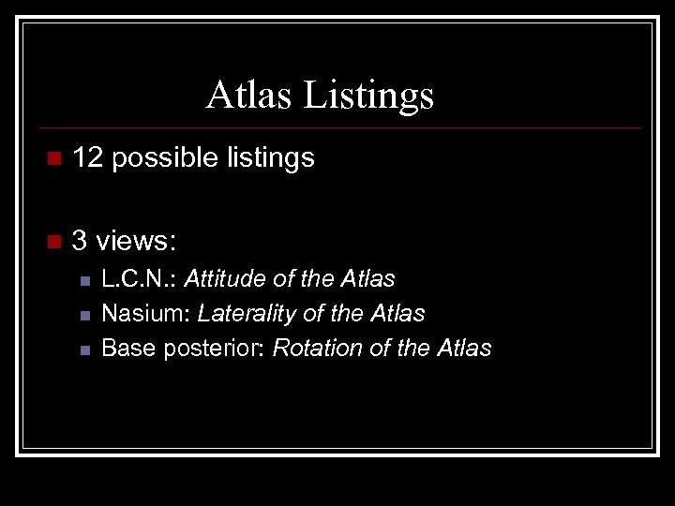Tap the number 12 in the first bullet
tap(87, 158)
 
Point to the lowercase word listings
tap(271, 159)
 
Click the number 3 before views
tap(80, 241)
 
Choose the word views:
tap(137, 241)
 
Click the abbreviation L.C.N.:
tap(140, 278)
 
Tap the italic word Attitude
tap(225, 278)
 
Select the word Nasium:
tap(145, 313)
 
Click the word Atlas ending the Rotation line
tap(463, 348)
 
